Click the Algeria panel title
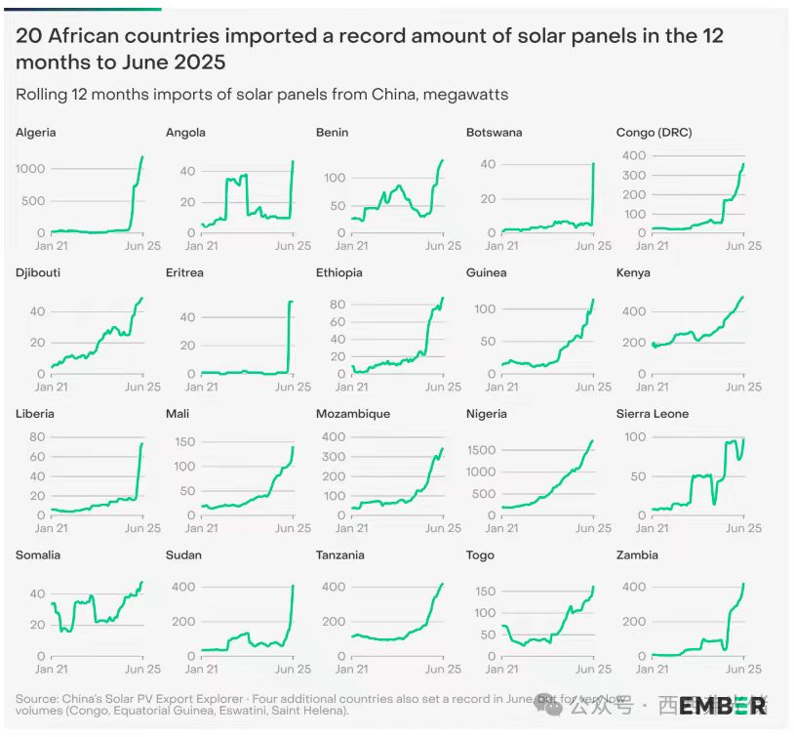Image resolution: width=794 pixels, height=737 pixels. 35,132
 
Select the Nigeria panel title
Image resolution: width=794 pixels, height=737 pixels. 487,413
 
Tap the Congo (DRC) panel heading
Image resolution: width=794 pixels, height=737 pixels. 654,132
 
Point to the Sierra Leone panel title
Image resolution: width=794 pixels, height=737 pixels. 653,413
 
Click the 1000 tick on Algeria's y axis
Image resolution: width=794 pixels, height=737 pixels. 30,169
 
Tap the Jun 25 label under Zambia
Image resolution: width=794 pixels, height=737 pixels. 743,670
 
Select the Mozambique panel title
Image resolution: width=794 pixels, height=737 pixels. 352,413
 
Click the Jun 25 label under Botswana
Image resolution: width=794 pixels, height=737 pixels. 593,246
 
